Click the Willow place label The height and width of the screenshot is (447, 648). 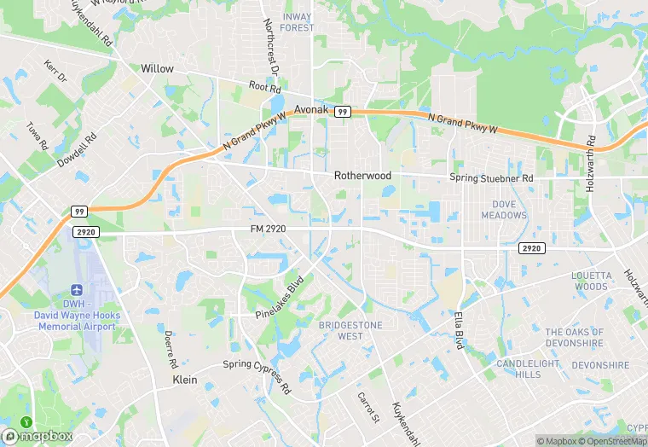tap(157, 68)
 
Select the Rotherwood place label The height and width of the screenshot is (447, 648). tap(362, 176)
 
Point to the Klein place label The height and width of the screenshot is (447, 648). tap(185, 380)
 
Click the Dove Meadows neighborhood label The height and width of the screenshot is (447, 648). tap(510, 210)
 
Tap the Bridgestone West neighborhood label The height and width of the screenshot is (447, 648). tap(350, 331)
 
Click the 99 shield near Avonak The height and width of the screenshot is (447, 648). tap(342, 112)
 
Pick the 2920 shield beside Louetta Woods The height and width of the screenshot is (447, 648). tap(530, 247)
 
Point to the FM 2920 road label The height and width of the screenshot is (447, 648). tap(268, 229)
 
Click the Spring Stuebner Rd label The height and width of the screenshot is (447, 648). tap(491, 178)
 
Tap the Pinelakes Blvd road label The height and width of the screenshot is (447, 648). tap(280, 298)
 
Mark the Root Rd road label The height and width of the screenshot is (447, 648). tap(264, 87)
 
